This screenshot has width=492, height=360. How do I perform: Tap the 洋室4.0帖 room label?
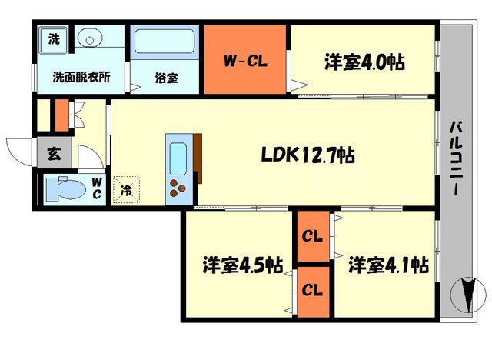click(365, 61)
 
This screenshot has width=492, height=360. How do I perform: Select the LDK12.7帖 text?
click(305, 155)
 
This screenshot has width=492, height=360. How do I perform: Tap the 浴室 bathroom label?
click(166, 78)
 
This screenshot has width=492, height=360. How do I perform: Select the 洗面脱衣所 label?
click(81, 77)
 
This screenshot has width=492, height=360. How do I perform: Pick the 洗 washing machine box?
click(53, 38)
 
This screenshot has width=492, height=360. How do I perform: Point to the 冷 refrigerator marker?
click(125, 191)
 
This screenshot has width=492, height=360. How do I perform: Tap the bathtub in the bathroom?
click(165, 42)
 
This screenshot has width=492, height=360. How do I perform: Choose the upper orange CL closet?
click(312, 235)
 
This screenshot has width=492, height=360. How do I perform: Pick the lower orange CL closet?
click(312, 291)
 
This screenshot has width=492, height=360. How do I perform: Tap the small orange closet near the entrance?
click(61, 114)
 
